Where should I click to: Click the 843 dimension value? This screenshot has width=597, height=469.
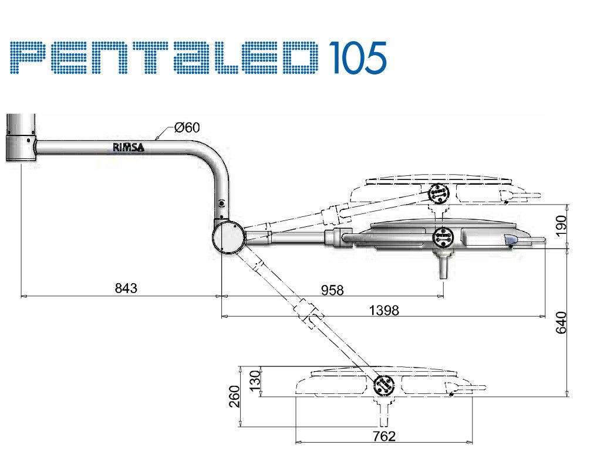pyautogui.click(x=126, y=288)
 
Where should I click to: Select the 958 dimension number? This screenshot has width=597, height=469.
pyautogui.click(x=332, y=290)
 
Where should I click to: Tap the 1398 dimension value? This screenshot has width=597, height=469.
pyautogui.click(x=384, y=310)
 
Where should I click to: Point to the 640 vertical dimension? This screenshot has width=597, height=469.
pyautogui.click(x=561, y=322)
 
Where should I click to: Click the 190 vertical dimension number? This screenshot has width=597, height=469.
pyautogui.click(x=561, y=226)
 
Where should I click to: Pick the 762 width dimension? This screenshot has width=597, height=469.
pyautogui.click(x=384, y=436)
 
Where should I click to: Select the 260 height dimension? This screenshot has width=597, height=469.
pyautogui.click(x=235, y=396)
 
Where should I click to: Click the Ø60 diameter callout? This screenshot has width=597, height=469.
pyautogui.click(x=187, y=127)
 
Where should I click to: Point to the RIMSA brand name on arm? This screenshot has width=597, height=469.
pyautogui.click(x=129, y=147)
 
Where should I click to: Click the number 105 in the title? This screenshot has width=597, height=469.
pyautogui.click(x=357, y=57)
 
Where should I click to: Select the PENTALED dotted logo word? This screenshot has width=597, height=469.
pyautogui.click(x=164, y=57)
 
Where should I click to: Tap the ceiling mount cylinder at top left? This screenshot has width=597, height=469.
pyautogui.click(x=21, y=137)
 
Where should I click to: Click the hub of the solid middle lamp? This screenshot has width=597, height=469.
pyautogui.click(x=443, y=237)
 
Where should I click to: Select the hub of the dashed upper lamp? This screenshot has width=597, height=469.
pyautogui.click(x=439, y=193)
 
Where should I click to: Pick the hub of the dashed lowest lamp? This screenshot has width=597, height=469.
pyautogui.click(x=384, y=386)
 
